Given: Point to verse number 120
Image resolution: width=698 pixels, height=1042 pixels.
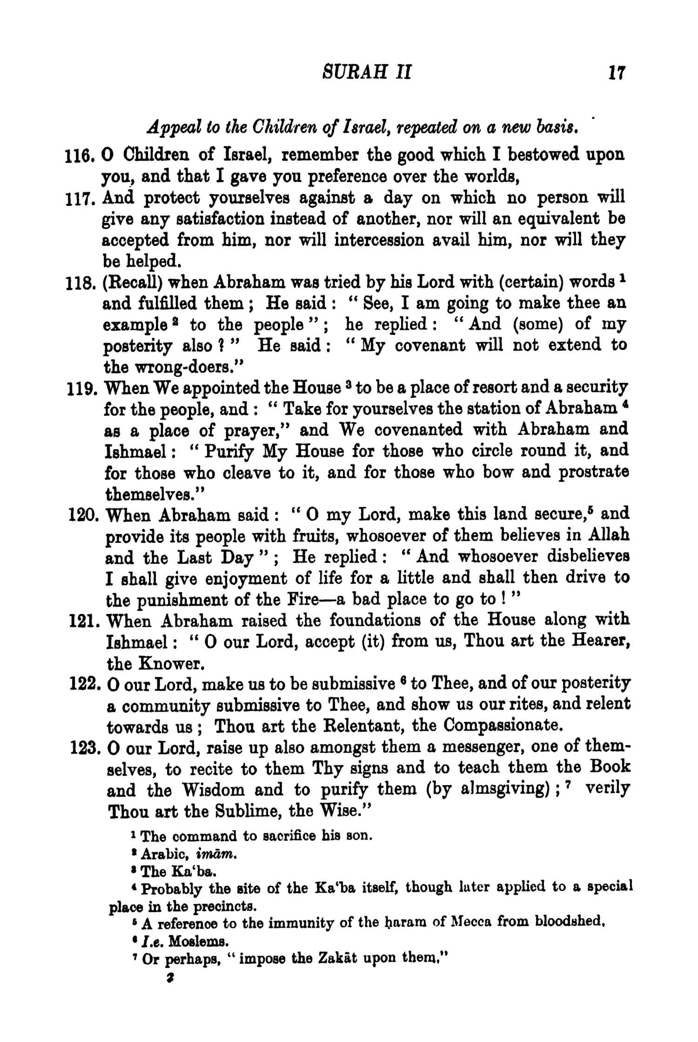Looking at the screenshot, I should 82,515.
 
